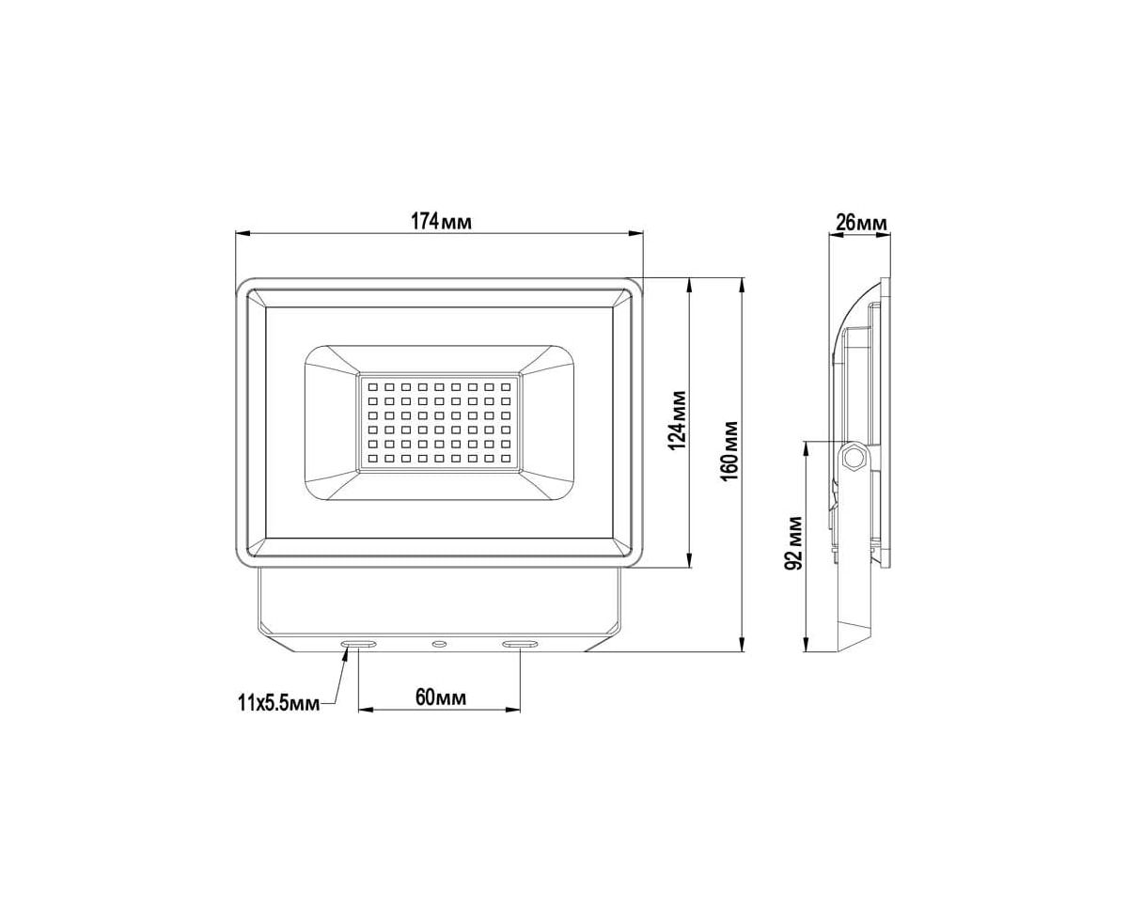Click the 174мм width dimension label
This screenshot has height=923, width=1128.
pos(441,222)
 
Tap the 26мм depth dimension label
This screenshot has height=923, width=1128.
pos(861,223)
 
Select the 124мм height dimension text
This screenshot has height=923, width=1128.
pos(678,420)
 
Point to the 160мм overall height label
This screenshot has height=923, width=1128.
pos(729,451)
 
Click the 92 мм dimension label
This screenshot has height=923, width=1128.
pos(794,543)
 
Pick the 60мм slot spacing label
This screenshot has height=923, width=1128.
pos(441,697)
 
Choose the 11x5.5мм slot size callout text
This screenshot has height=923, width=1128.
pos(278,703)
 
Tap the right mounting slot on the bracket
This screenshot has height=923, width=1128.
pos(520,644)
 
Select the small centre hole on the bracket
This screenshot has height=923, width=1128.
pos(439,644)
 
